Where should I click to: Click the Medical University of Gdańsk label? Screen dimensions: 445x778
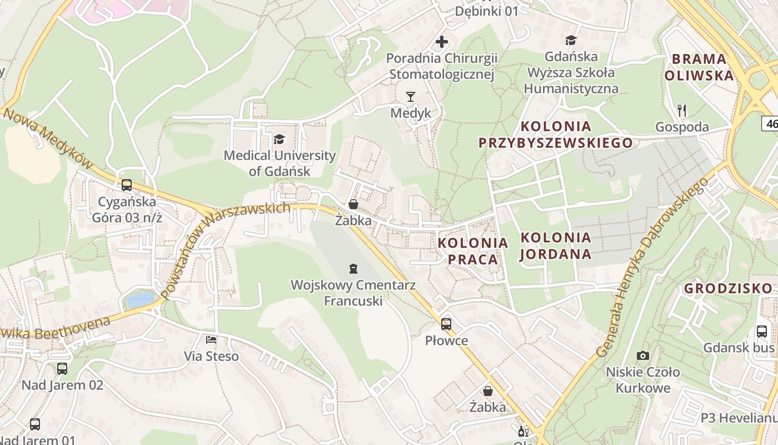coord(280,164)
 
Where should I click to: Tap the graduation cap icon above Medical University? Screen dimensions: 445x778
coord(279,139)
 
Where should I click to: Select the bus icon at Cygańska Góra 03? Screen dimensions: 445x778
coord(127,185)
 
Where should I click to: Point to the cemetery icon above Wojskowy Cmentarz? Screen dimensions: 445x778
coord(352,269)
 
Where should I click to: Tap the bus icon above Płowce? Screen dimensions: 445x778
coord(446,324)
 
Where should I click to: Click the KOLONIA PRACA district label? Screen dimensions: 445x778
coord(473,251)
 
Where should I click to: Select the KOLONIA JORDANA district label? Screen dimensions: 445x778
coord(556,246)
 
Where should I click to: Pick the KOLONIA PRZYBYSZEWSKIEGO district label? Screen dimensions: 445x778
coord(556,134)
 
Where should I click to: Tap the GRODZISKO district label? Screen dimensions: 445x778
coord(728,288)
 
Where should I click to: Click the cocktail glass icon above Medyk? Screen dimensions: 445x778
coord(411,97)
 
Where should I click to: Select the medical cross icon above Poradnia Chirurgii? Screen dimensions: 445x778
coord(442,42)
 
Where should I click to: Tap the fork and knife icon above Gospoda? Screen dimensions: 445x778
coord(682,111)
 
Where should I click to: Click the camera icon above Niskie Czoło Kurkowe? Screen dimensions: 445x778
coord(643,355)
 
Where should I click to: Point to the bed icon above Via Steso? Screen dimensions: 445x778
coord(211,339)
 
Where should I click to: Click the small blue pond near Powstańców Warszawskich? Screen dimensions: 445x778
coord(140,300)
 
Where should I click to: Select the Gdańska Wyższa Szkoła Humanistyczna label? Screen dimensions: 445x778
coord(571,72)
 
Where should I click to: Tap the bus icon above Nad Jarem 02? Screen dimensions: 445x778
coord(62,368)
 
